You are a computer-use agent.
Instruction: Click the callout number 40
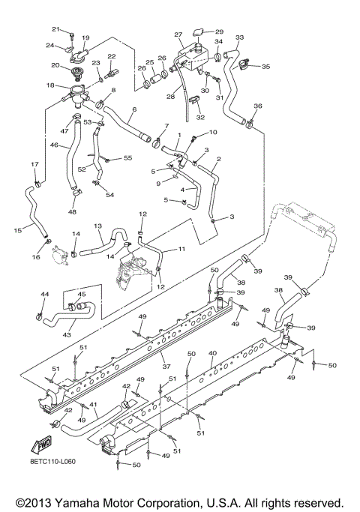tap(212, 352)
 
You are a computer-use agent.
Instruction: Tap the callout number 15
tap(16, 231)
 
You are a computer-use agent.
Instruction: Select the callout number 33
tap(240, 37)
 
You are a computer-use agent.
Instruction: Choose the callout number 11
tap(181, 248)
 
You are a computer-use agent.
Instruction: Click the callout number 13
tap(97, 226)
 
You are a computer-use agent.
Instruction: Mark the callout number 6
tap(133, 109)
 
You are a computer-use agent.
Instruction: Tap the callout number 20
tap(55, 65)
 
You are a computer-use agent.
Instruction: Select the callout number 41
tap(94, 405)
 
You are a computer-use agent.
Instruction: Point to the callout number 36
tap(258, 106)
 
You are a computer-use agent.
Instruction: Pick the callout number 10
tap(213, 132)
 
